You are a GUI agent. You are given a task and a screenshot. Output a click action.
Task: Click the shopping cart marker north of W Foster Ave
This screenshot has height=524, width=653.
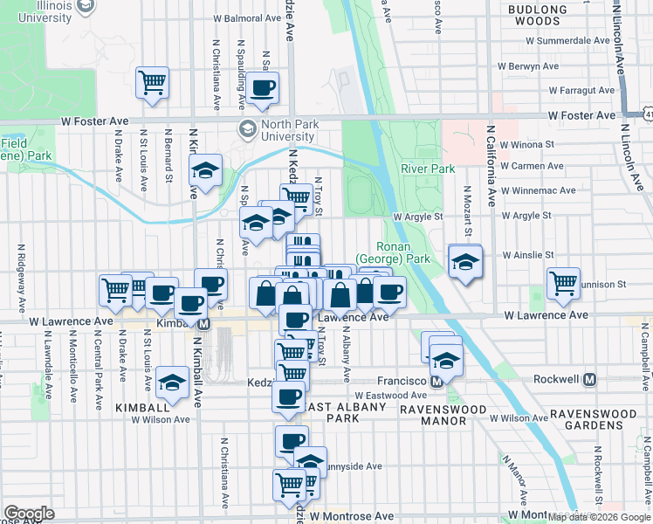coord(152,84)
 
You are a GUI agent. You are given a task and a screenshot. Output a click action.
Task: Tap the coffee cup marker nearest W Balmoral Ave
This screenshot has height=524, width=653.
coord(263,87)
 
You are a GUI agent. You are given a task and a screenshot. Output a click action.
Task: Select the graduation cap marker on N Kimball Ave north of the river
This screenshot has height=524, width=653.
coord(205,171)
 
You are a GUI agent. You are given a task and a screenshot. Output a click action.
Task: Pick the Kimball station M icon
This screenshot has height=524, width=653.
coord(204,323)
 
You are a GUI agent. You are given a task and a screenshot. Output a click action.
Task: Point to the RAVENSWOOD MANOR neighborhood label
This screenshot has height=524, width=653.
coord(433,414)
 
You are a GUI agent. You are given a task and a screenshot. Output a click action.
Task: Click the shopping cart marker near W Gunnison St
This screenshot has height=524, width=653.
coord(564,283)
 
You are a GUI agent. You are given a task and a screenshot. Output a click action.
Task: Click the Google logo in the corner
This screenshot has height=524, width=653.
coord(29,514)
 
